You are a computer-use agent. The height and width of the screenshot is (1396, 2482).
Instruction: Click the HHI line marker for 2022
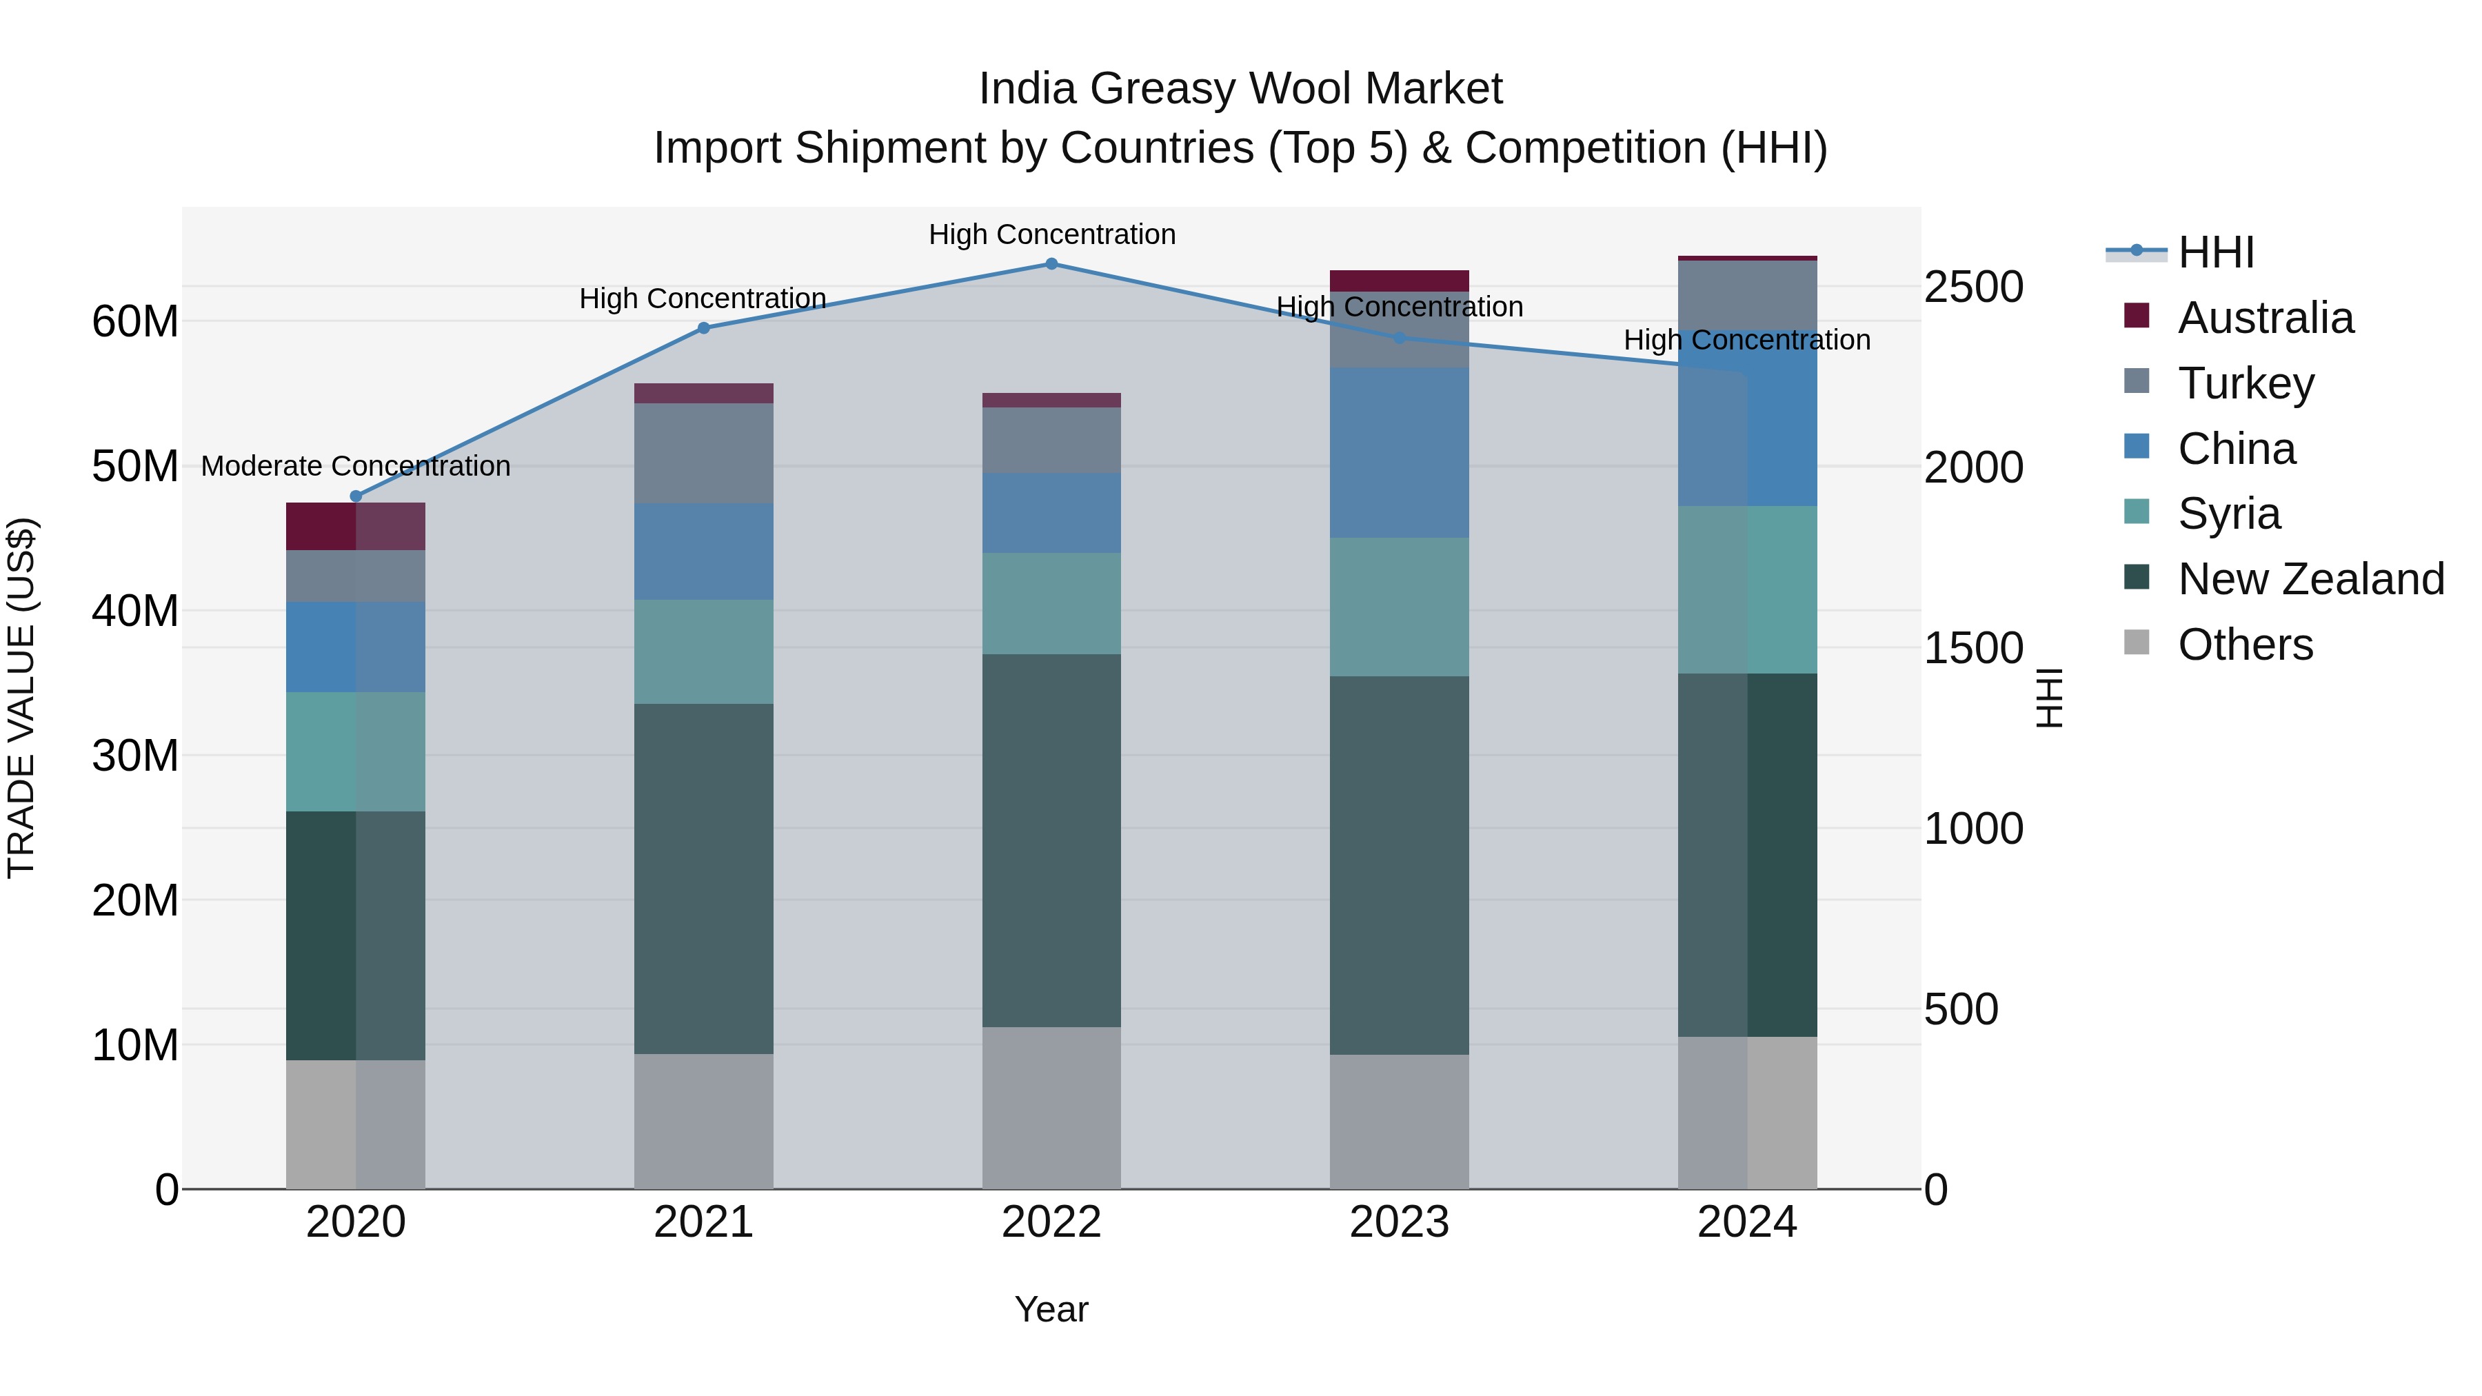coord(1051,264)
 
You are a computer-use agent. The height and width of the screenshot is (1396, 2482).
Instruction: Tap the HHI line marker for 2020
coord(356,496)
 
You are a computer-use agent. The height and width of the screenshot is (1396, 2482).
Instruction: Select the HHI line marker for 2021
coord(703,327)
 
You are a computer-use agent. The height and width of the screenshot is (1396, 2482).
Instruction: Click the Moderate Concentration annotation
coord(356,466)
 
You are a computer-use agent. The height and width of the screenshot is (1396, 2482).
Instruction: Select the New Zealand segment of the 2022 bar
coord(1051,840)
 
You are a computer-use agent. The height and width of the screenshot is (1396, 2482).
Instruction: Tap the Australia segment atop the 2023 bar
coord(1399,281)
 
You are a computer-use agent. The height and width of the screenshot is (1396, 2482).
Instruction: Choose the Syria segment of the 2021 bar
coord(703,651)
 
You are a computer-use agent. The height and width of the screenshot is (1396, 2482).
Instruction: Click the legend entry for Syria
coord(2228,514)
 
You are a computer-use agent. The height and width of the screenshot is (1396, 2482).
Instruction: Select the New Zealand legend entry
coord(2310,579)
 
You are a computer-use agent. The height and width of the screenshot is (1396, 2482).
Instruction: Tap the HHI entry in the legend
coord(2214,252)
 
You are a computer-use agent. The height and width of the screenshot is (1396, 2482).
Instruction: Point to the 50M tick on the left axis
coord(135,466)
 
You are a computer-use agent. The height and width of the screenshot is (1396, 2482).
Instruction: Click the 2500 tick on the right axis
coord(1973,287)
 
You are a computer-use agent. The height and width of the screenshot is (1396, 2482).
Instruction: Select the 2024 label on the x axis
coord(1747,1222)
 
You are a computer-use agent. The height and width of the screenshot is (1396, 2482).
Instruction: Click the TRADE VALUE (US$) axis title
coord(21,698)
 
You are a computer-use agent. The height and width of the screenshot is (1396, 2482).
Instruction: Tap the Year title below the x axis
coord(1051,1309)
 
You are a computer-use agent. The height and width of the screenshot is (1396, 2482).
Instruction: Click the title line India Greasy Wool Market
coord(1240,89)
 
